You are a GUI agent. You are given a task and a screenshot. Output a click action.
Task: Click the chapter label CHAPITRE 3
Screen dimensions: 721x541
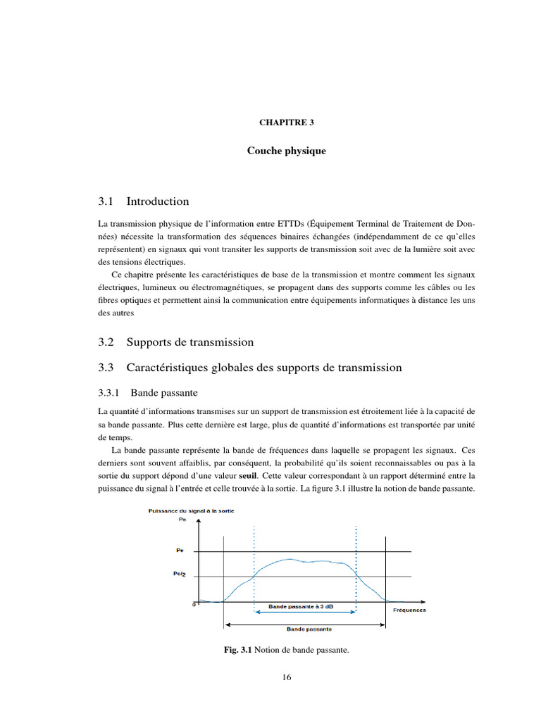(286, 122)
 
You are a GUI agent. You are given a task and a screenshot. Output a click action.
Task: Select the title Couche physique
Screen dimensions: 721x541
(286, 151)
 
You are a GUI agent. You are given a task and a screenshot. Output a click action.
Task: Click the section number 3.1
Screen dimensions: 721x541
(106, 201)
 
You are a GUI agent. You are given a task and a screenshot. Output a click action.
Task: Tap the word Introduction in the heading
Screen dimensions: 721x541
(158, 201)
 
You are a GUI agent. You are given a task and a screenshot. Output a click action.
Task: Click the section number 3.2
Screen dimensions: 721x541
(106, 342)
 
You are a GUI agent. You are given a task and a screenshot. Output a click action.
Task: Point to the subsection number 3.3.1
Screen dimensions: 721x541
(110, 391)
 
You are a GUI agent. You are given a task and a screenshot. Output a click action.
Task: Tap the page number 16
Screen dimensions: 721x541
(286, 677)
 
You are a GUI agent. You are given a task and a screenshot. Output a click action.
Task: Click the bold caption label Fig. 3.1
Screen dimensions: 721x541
(237, 651)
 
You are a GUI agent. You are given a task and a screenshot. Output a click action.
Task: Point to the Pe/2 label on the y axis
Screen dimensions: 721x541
(180, 575)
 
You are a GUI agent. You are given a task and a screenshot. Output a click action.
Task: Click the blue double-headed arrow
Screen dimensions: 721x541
(305, 613)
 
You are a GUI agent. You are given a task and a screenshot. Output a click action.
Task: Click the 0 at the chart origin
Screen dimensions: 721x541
(194, 605)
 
